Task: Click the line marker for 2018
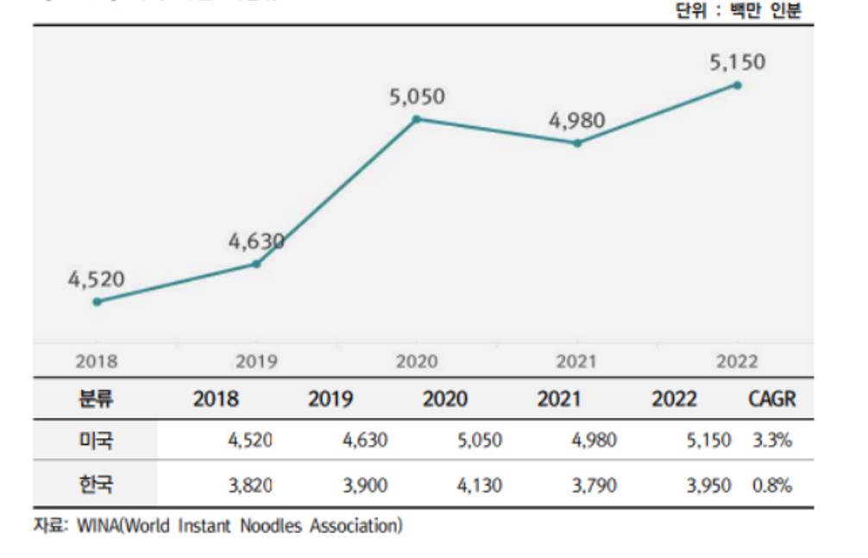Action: pyautogui.click(x=97, y=302)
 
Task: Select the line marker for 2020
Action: pyautogui.click(x=417, y=119)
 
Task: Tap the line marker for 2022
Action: pyautogui.click(x=737, y=85)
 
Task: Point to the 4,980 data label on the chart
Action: pyautogui.click(x=577, y=121)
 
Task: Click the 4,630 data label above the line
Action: pyautogui.click(x=256, y=241)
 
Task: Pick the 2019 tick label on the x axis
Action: pyautogui.click(x=256, y=362)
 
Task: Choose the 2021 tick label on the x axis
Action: pyautogui.click(x=576, y=362)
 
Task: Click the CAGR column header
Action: pyautogui.click(x=771, y=399)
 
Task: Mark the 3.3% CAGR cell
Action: pyautogui.click(x=771, y=442)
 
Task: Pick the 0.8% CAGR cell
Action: pyautogui.click(x=771, y=486)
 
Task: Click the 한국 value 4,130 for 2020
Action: pyautogui.click(x=479, y=486)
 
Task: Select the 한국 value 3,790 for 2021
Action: pyautogui.click(x=594, y=486)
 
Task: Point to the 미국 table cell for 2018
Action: pyautogui.click(x=250, y=442)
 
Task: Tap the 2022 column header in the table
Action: pyautogui.click(x=675, y=399)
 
